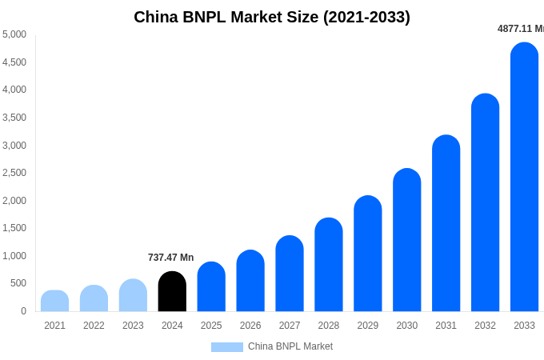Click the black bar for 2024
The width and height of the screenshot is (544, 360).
coord(172,292)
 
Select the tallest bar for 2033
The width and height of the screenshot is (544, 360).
coord(524,178)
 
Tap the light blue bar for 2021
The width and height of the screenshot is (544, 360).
coord(54,302)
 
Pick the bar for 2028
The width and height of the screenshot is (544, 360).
coord(328,265)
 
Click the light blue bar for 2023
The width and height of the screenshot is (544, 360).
coord(133,296)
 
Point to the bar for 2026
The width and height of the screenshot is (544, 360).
coord(250,281)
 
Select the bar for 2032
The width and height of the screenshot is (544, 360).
coord(485,203)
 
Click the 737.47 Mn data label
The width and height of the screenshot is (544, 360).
coord(170,258)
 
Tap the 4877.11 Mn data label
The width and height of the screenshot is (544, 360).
coord(521,29)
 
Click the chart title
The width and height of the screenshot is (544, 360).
coord(272,17)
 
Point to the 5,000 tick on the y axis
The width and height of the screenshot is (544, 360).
coord(14,34)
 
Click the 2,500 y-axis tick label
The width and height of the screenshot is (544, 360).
coord(14,173)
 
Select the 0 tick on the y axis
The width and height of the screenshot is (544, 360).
coord(23,311)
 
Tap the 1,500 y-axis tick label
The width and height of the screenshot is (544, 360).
coord(14,228)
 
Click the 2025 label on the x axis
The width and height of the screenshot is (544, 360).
coord(211,326)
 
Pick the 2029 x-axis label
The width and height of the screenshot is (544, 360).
coord(367,326)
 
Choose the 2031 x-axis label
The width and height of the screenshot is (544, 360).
coord(446,326)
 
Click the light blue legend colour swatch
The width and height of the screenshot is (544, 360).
coord(226,347)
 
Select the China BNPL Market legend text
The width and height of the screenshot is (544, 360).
coord(290,346)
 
